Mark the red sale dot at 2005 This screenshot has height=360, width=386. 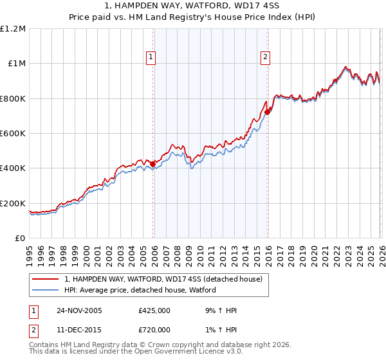point(153,165)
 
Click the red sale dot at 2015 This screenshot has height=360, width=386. point(267,113)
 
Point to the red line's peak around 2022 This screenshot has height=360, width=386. point(345,67)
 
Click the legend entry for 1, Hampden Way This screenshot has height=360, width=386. point(163,280)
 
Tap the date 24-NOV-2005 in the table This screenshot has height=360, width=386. point(80,310)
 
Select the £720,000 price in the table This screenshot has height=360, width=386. point(154,330)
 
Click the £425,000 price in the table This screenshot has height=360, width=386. point(154,310)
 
